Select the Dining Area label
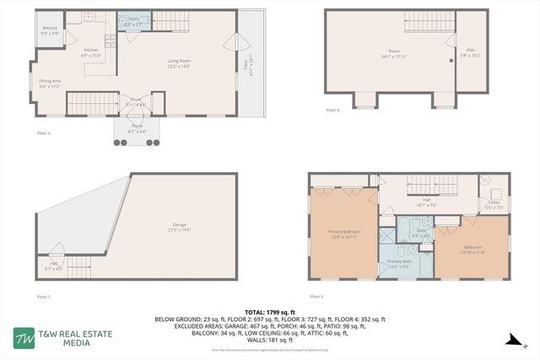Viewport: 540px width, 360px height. [50, 82]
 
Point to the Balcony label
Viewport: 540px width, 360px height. [50, 30]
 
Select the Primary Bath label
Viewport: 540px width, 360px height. [399, 261]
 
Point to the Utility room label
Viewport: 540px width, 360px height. [494, 201]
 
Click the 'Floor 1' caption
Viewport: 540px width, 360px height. [44, 297]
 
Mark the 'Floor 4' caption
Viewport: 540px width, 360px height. [333, 110]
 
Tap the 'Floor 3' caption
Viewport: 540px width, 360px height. [316, 297]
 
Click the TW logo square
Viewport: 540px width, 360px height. [23, 337]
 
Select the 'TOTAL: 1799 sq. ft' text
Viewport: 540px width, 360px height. [269, 311]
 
